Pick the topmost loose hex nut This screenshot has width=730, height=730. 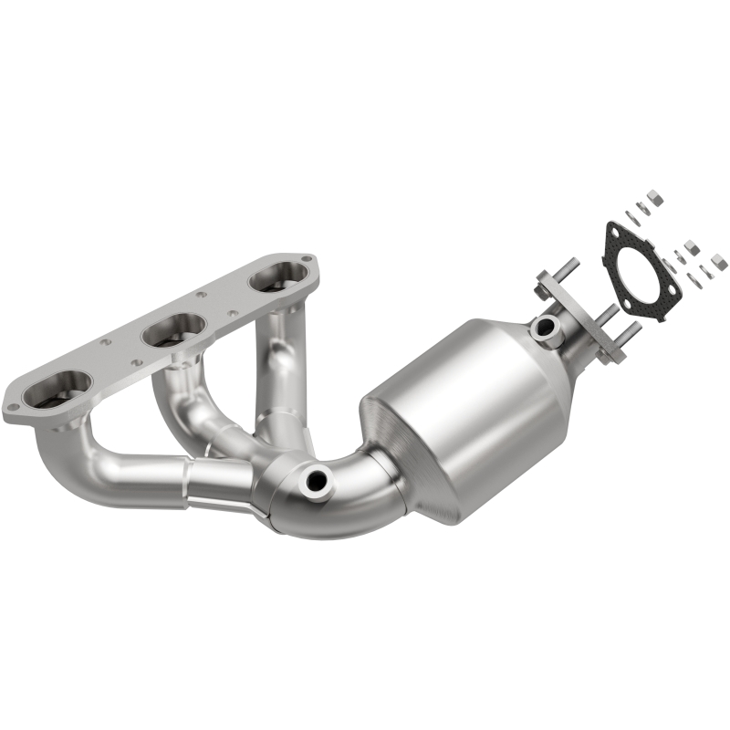click(654, 195)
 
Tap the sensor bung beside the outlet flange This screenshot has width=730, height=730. click(546, 327)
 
